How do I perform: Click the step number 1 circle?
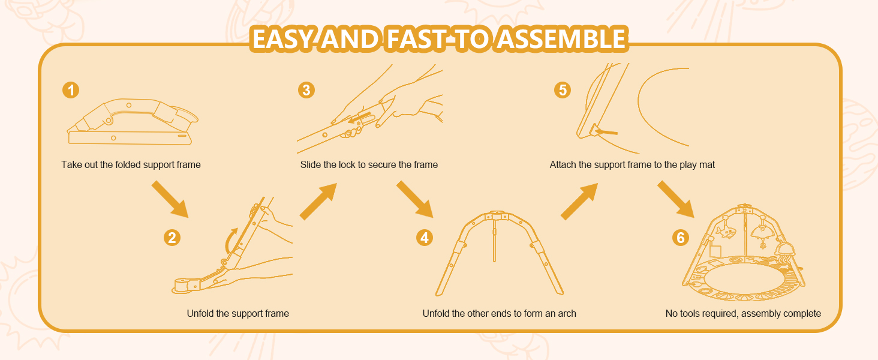71,90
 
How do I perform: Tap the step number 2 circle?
172,238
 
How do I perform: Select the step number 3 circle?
306,90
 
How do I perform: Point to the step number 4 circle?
425,238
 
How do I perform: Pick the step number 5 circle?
563,90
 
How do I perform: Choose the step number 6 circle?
681,238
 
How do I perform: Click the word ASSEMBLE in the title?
561,39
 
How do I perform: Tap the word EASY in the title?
283,39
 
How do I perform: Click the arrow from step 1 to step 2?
170,199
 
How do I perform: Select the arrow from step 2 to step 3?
318,201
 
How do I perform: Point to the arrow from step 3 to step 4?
414,199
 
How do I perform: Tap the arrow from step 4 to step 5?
579,201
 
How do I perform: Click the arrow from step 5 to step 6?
676,199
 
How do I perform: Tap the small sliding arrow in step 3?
359,118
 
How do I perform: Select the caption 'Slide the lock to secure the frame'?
369,165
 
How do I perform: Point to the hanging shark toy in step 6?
726,232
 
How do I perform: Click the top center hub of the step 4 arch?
496,215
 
